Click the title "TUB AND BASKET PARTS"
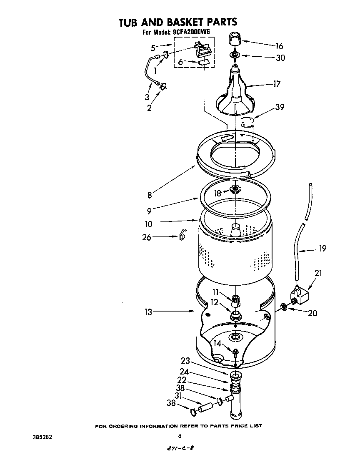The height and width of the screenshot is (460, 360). click(178, 22)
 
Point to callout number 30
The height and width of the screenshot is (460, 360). click(280, 58)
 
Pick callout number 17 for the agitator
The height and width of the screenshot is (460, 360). click(276, 84)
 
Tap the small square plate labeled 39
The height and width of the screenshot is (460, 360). click(247, 123)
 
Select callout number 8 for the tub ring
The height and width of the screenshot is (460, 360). click(149, 194)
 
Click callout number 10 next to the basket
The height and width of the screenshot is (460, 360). click(149, 224)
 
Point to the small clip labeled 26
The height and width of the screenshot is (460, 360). click(182, 236)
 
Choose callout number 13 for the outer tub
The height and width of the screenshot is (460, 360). click(148, 311)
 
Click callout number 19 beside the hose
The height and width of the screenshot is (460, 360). click(322, 249)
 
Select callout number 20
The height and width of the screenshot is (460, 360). click(312, 313)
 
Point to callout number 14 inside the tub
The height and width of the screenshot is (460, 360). click(217, 343)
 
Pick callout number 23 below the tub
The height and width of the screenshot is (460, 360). click(185, 361)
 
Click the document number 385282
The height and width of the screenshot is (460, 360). click(42, 437)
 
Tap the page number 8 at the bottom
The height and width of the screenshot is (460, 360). click(180, 436)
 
